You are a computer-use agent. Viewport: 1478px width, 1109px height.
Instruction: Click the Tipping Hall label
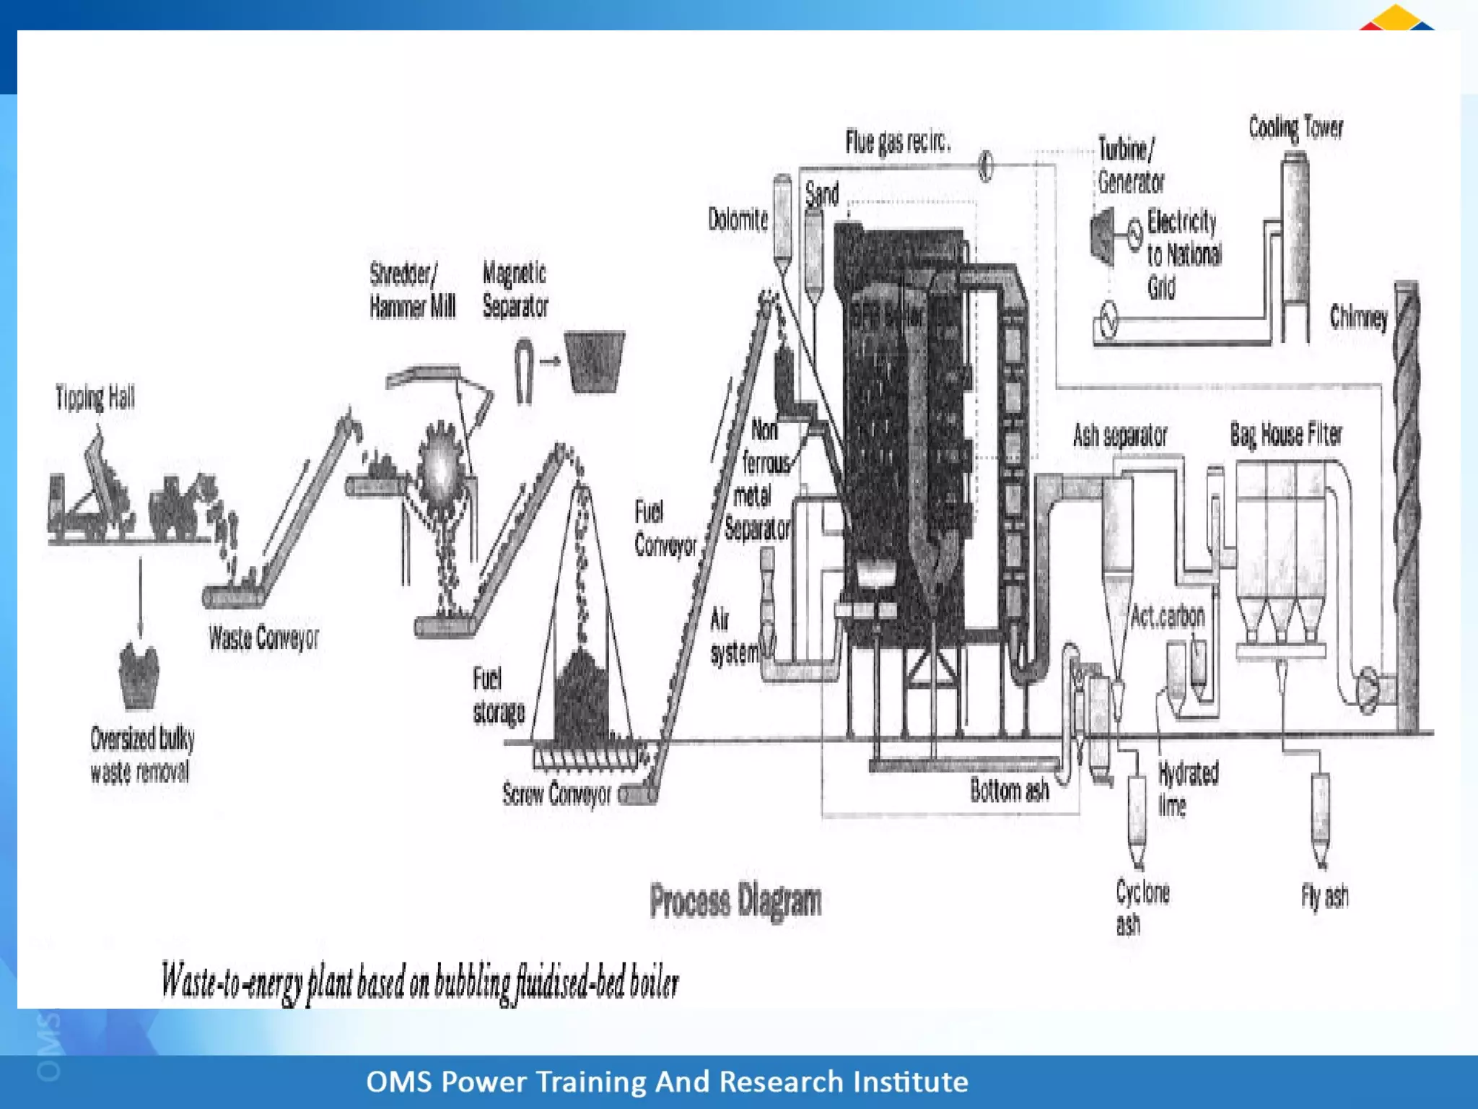pyautogui.click(x=95, y=398)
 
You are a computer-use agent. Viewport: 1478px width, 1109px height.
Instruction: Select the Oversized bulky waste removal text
pyautogui.click(x=142, y=754)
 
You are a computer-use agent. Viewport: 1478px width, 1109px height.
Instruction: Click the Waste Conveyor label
pyautogui.click(x=263, y=638)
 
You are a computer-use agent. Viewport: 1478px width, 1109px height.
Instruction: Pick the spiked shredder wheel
pyautogui.click(x=441, y=469)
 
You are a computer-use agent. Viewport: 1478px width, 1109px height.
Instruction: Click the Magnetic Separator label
pyautogui.click(x=515, y=290)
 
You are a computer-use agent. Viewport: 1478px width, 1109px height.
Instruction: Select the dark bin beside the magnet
pyautogui.click(x=595, y=362)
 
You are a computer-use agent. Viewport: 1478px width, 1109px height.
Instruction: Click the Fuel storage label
pyautogui.click(x=499, y=695)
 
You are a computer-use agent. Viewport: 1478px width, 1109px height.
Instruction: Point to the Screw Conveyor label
pyautogui.click(x=556, y=794)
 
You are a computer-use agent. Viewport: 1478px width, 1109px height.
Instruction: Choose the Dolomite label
pyautogui.click(x=738, y=219)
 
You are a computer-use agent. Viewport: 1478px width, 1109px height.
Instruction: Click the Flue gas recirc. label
pyautogui.click(x=898, y=142)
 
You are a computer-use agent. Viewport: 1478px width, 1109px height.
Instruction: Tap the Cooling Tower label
pyautogui.click(x=1295, y=128)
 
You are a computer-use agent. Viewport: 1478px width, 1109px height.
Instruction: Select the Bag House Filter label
pyautogui.click(x=1286, y=435)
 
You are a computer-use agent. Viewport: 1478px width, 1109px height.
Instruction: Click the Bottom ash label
pyautogui.click(x=1009, y=791)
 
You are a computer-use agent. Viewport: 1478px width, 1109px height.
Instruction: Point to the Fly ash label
pyautogui.click(x=1324, y=896)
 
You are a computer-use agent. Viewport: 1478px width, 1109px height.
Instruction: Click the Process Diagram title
pyautogui.click(x=735, y=901)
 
